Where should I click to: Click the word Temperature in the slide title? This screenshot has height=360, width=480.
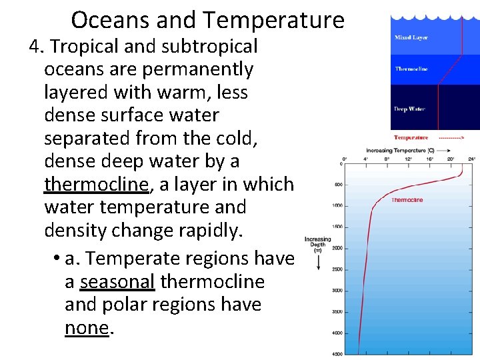pos(273,20)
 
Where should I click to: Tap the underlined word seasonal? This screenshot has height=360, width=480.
pos(117,281)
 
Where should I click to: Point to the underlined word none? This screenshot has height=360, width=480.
pos(86,327)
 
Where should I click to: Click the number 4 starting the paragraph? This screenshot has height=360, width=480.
pos(35,47)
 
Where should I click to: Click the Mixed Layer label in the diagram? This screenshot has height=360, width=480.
pos(411,38)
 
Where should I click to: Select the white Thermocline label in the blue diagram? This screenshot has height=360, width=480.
pos(411,69)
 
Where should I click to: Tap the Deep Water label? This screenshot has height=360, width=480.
pos(409,109)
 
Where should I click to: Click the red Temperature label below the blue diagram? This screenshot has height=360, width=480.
pos(411,138)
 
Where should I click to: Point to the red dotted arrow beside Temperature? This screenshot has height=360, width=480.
pos(452,138)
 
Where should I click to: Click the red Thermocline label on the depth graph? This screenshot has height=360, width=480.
pos(407,200)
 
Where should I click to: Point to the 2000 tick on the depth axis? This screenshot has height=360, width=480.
pos(337,248)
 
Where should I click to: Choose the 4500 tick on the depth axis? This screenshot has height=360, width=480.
pos(337,354)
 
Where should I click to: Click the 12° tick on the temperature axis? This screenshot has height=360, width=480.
pos(407,160)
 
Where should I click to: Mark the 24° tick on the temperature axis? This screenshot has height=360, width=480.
pos(472,160)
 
